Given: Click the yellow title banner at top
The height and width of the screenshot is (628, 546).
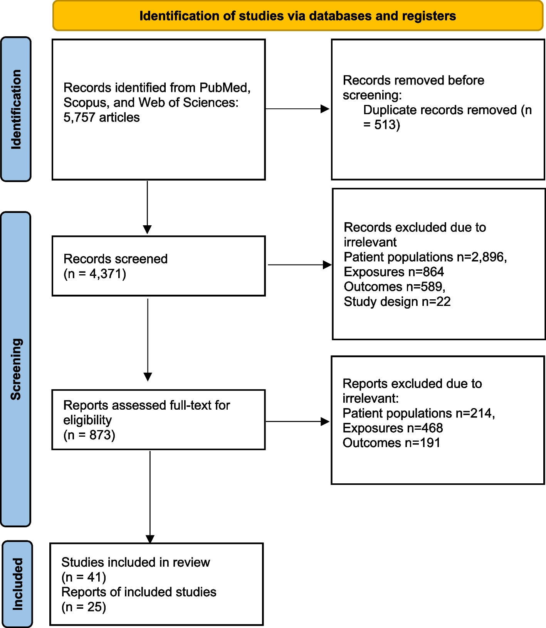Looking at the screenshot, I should (297, 16).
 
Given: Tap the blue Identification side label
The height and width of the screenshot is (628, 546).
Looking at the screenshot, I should (16, 109).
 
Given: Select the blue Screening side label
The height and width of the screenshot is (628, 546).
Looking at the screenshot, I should (16, 369).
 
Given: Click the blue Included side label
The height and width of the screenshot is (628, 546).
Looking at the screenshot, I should (17, 584).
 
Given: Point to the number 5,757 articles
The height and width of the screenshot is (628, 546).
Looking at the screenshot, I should (101, 117).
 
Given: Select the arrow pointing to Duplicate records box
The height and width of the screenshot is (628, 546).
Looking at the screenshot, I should (297, 109).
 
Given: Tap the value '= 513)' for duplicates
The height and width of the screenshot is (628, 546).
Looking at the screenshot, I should (381, 125).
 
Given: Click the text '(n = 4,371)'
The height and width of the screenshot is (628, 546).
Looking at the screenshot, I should (95, 274).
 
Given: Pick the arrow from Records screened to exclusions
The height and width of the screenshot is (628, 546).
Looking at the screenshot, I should (299, 265).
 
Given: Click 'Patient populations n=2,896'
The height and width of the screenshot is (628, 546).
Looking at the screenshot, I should (425, 257).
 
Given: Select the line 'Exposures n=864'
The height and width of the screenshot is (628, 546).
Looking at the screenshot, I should (393, 272).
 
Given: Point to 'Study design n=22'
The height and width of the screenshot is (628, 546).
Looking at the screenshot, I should (397, 302).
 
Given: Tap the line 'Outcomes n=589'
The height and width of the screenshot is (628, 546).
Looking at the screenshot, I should (394, 287).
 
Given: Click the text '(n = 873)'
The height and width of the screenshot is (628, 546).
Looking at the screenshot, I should (89, 435).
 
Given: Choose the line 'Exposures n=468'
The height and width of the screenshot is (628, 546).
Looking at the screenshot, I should (392, 428).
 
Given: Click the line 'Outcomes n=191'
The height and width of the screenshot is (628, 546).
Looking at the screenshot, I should (391, 443).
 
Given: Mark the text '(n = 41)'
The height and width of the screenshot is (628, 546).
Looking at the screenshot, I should (84, 577).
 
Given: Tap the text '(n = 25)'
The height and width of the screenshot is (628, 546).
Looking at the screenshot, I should (84, 607).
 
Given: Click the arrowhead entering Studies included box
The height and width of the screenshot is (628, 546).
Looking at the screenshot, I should (150, 539).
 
